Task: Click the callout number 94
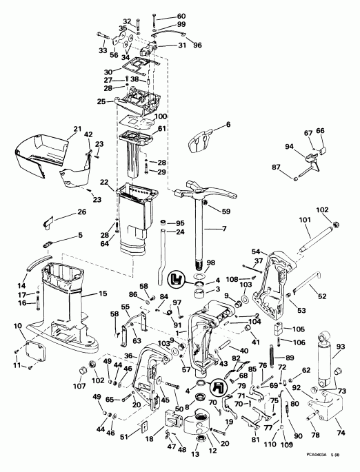point(288,146)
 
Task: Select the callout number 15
point(103,294)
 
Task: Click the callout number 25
point(101,101)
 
